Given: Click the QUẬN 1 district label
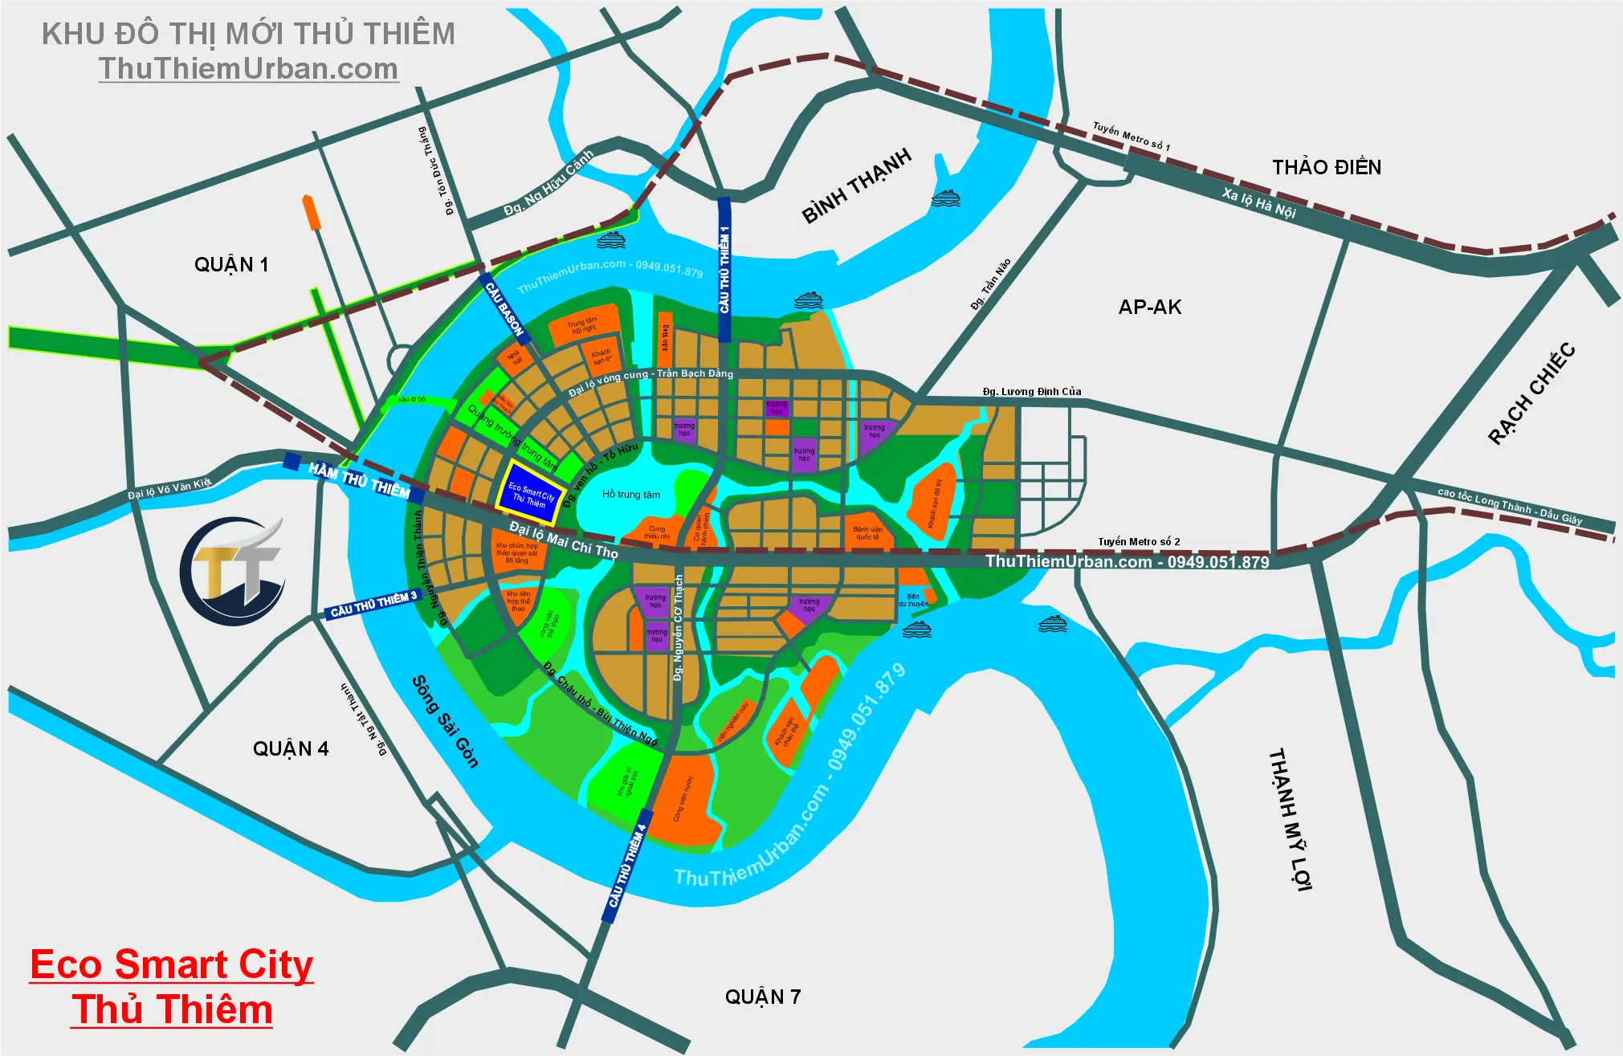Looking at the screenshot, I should (231, 265).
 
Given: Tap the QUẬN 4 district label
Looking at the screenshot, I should (291, 749).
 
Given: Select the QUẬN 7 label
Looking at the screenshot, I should (763, 997).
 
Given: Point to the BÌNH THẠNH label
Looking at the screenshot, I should (857, 186).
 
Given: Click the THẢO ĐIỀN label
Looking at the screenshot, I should (1327, 168).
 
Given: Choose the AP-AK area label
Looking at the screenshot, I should (1150, 308).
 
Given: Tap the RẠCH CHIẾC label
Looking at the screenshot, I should (1531, 393).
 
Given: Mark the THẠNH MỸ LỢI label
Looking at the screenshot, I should (1290, 819).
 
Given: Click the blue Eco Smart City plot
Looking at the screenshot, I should (530, 487).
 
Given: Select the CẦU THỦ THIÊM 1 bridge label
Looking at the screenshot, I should (724, 269).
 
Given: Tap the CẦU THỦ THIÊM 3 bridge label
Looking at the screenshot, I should (374, 605).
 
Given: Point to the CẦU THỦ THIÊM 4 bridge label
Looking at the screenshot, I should (627, 866).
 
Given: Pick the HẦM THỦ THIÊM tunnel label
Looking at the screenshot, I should (359, 480).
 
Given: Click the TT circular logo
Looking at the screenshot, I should (232, 572).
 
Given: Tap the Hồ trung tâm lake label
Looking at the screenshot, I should (631, 495).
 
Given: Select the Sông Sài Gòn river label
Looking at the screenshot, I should (445, 721).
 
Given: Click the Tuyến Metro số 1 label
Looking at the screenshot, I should (1131, 137).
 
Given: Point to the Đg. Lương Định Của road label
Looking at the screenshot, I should (1032, 392).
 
